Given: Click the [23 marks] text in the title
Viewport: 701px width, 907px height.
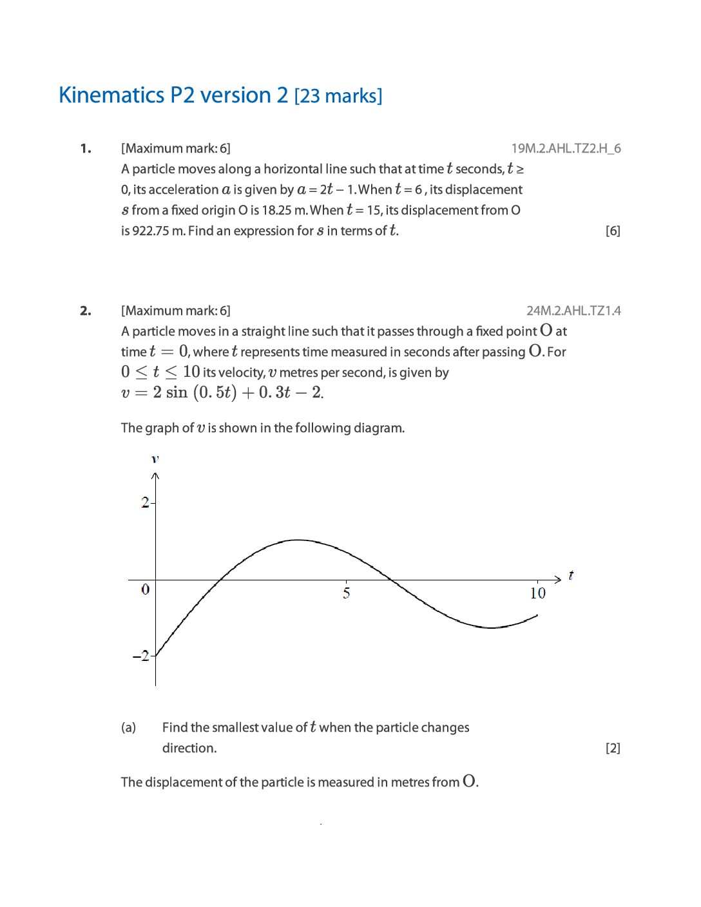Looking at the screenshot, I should click(338, 96).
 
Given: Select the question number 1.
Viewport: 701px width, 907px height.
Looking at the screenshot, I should click(86, 149).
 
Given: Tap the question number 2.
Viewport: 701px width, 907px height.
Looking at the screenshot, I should click(86, 311).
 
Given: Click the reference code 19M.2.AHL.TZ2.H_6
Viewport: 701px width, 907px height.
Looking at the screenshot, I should click(566, 149).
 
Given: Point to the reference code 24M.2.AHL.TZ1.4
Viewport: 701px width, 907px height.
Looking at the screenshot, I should click(573, 311).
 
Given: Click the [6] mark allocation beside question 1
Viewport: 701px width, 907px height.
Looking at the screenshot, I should click(613, 231).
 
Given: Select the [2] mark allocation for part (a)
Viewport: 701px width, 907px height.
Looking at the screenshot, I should click(613, 748).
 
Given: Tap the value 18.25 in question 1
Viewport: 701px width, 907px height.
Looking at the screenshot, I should click(276, 210).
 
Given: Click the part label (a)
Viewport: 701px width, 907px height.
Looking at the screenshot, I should click(129, 727).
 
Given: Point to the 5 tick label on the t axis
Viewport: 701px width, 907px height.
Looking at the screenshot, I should click(347, 593).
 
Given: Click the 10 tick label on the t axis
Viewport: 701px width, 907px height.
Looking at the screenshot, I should click(537, 593).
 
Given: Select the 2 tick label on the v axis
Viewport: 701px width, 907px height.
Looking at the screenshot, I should click(145, 502).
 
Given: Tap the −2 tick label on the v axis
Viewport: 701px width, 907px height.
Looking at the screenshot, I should click(140, 656).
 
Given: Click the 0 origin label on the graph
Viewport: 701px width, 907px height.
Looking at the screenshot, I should click(145, 589).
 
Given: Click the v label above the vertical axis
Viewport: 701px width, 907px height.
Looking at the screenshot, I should click(155, 459).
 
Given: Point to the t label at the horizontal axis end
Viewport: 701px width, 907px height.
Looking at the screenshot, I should click(571, 575).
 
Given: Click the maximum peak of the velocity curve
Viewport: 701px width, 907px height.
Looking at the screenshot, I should click(297, 540).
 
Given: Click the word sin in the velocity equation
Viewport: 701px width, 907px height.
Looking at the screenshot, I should click(177, 392).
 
